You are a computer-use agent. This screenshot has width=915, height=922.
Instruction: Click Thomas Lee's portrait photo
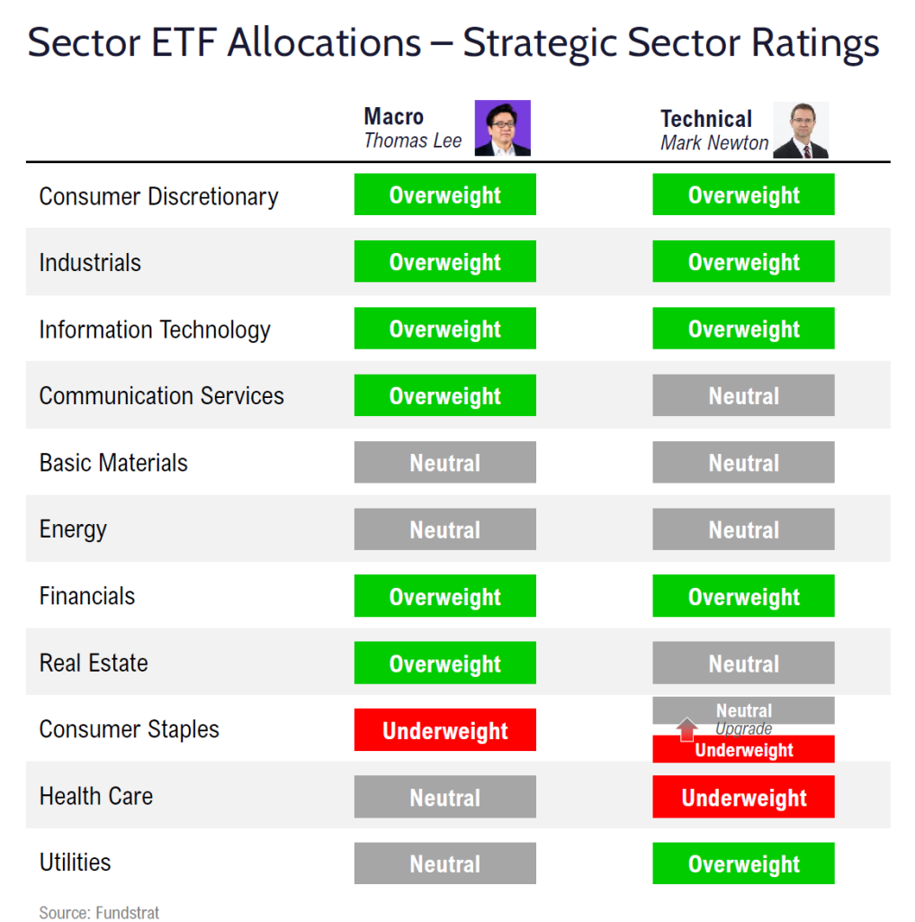click(x=502, y=128)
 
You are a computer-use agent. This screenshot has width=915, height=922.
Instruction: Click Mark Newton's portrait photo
click(x=801, y=131)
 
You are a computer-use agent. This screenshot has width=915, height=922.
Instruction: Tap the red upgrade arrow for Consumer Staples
click(x=687, y=729)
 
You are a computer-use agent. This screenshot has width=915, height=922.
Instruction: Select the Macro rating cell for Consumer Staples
click(x=444, y=730)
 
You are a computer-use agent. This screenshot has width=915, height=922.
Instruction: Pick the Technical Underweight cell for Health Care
click(x=743, y=798)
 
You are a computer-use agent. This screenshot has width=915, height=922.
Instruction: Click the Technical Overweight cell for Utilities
click(x=743, y=864)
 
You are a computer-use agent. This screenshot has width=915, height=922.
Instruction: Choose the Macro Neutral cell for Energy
click(x=444, y=530)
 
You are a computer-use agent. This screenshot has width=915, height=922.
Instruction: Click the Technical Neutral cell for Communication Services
click(x=743, y=396)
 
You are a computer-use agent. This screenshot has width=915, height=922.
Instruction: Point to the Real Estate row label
click(x=94, y=664)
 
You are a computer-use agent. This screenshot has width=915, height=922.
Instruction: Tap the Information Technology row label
click(x=155, y=330)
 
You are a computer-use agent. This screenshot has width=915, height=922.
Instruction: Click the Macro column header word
click(x=393, y=117)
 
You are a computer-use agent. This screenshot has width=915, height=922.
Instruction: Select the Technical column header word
click(x=705, y=119)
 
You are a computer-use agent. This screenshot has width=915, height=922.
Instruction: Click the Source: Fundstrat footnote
click(x=99, y=912)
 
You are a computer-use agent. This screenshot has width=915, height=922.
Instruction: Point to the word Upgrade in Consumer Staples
click(x=743, y=729)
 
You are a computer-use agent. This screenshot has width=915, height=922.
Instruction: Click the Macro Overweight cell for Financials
click(x=444, y=597)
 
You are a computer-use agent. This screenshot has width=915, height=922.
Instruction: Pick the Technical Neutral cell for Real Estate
click(x=743, y=664)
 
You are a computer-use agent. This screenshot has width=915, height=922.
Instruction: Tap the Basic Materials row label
click(x=113, y=463)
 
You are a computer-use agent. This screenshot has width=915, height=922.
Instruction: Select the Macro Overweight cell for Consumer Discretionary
click(x=444, y=195)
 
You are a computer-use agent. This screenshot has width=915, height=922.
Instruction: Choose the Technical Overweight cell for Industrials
click(x=743, y=262)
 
